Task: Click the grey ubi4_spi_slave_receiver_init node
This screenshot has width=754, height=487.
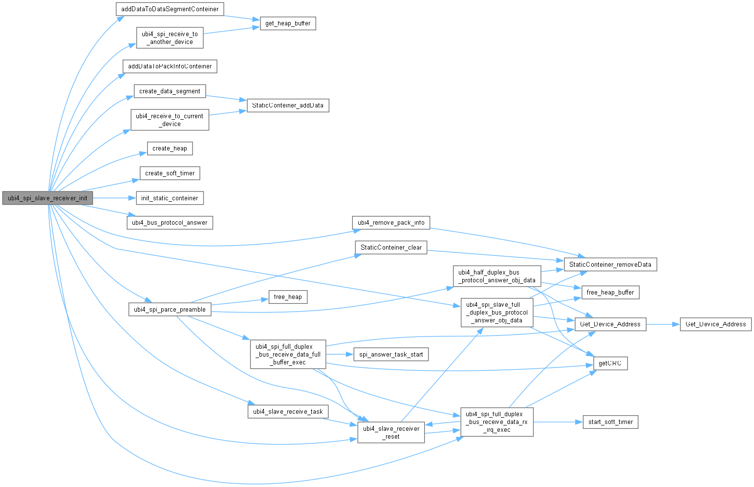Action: click(x=47, y=198)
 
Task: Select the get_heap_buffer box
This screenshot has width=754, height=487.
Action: click(x=288, y=23)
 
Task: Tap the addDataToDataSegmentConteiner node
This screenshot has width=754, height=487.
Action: click(x=170, y=9)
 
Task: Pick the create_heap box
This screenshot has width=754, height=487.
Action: click(x=170, y=148)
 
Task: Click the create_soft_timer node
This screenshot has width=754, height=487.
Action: click(x=170, y=173)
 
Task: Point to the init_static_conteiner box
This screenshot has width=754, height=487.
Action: click(x=170, y=198)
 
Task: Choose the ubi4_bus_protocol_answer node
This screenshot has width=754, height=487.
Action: click(x=170, y=222)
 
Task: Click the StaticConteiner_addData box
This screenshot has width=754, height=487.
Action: click(x=287, y=105)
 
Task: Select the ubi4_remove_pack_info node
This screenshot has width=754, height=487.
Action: click(x=391, y=222)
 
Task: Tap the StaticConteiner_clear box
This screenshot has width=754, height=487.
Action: click(x=391, y=247)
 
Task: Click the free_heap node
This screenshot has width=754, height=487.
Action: click(x=288, y=296)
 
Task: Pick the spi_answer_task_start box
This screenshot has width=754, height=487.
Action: click(x=391, y=354)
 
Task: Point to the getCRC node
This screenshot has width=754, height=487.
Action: click(x=610, y=363)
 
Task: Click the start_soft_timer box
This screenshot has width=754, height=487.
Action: click(x=610, y=422)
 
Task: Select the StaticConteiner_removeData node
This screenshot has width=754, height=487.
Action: click(x=610, y=264)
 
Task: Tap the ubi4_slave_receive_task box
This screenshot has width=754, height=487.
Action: click(x=288, y=411)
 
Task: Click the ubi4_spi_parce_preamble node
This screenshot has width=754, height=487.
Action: click(x=170, y=309)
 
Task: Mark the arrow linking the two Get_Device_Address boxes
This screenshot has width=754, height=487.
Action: click(x=663, y=324)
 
